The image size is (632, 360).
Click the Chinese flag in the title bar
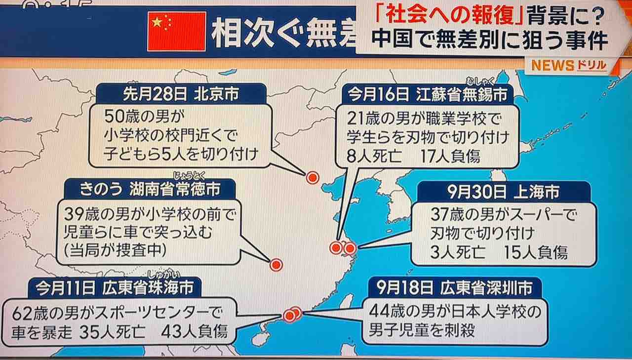coord(176,31)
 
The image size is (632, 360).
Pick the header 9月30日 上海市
coord(504,192)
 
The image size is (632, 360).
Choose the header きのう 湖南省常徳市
coord(148,188)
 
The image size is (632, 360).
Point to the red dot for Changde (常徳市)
coord(276,265)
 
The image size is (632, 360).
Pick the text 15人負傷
coord(535,252)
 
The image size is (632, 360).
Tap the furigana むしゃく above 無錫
coord(477,82)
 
